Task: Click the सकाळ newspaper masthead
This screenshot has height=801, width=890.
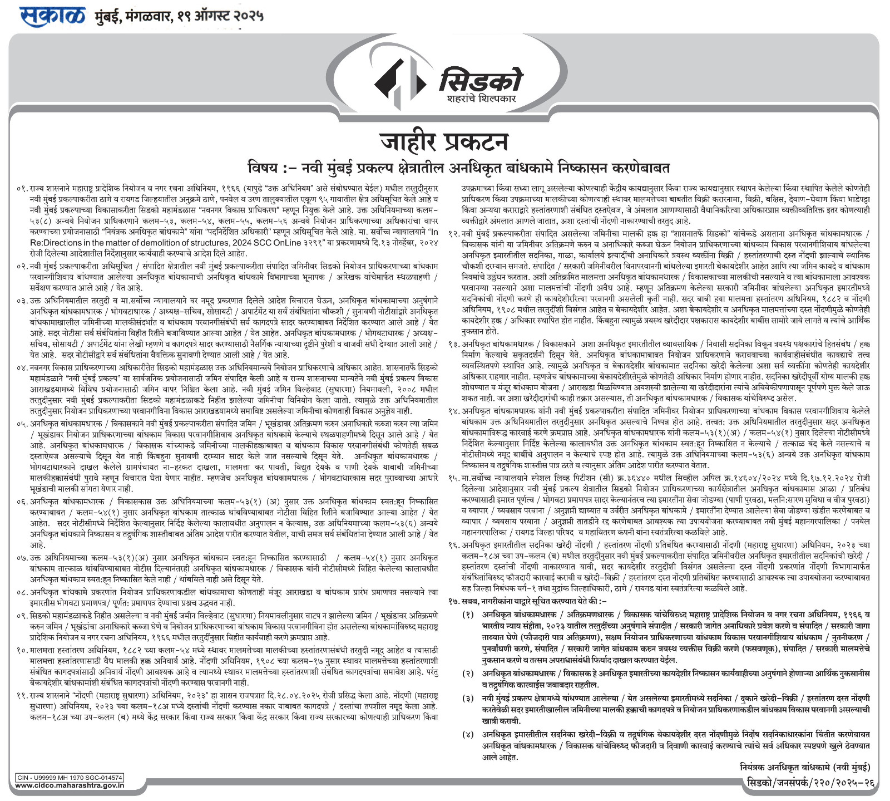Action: tap(53, 16)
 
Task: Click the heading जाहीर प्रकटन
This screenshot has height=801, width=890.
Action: tap(444, 141)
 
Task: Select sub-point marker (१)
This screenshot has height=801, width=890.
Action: tap(468, 614)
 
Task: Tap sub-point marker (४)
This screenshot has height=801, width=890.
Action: tap(468, 735)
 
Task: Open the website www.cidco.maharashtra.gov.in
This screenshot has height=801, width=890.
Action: tap(69, 785)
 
